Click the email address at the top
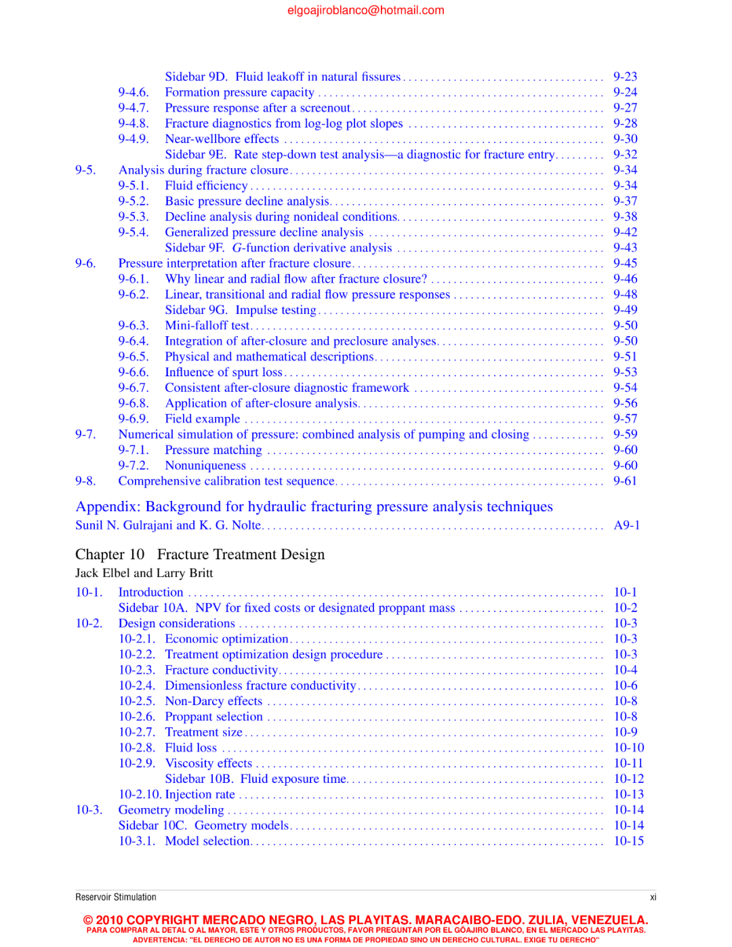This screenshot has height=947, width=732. click(x=365, y=10)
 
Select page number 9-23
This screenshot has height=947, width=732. click(x=625, y=77)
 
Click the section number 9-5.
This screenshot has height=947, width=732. click(x=85, y=170)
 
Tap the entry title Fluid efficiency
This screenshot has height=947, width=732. click(x=206, y=186)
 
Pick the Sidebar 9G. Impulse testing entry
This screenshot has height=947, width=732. click(x=241, y=310)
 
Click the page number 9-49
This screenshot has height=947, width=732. click(x=625, y=310)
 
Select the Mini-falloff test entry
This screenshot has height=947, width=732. click(x=207, y=326)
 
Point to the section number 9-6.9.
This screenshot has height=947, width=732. click(x=133, y=419)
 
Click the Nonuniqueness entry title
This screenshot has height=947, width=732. click(x=205, y=466)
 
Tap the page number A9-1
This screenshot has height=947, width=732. click(x=626, y=525)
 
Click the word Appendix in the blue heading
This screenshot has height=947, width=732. click(x=106, y=507)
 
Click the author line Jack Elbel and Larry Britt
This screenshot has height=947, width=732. click(x=144, y=573)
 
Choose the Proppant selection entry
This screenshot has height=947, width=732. click(x=213, y=717)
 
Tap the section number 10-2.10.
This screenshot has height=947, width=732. click(x=140, y=794)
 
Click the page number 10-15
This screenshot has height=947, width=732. click(x=628, y=841)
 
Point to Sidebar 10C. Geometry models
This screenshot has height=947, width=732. click(x=204, y=826)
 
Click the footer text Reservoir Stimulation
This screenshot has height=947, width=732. click(x=116, y=898)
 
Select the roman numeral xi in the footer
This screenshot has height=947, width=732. click(x=653, y=898)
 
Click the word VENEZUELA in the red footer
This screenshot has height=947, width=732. click(x=609, y=920)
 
